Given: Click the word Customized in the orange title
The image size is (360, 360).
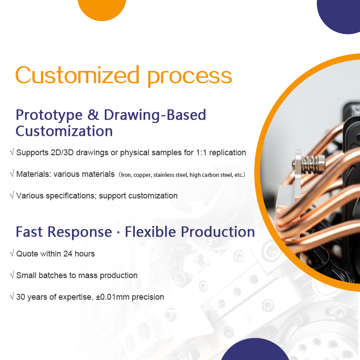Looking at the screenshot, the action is pos(77,75).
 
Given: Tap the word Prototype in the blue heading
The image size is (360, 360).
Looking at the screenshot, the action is pos(49,116).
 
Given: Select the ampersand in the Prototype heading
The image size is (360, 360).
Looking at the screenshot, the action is pos(93,115).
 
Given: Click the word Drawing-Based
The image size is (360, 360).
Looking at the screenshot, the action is pos(155,115).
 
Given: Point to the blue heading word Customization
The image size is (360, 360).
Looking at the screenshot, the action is pos(64,131).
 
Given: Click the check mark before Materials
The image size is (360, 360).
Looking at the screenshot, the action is pos(12,174).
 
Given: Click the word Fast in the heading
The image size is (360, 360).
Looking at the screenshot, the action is pos(29,232).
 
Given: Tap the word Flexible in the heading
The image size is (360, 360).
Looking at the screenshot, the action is pos(150,231).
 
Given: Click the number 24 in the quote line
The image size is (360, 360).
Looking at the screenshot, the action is pos(68,254).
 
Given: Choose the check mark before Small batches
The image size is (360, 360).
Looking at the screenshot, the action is pos(12,275).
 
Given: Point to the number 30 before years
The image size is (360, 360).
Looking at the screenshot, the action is pos(21,297).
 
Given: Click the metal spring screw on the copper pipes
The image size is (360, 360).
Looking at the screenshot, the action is pos(309,163).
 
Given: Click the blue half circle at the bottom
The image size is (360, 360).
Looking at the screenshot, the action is pos(255,350).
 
